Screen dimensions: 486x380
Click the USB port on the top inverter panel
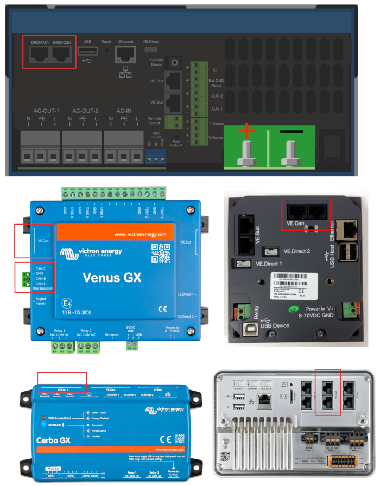pos(88,52)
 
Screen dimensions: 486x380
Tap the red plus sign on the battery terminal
pos(247,131)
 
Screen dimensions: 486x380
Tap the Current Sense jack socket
pos(175,63)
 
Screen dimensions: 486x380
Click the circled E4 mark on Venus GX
pos(67,303)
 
